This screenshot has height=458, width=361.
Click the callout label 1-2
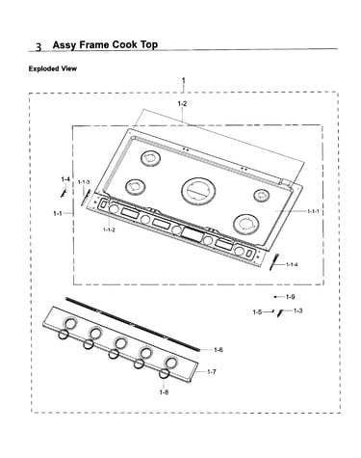click(182, 104)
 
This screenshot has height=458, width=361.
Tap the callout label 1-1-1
click(313, 211)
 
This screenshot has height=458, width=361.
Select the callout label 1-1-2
click(109, 229)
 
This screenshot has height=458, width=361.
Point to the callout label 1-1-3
click(84, 182)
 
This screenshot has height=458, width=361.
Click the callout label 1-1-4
click(292, 264)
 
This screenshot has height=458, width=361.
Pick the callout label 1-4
click(65, 179)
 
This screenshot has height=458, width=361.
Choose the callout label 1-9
click(290, 297)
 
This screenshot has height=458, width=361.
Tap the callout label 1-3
click(297, 310)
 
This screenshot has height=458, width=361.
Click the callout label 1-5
click(257, 311)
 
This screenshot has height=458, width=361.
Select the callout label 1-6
click(219, 350)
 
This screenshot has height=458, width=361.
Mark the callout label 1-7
click(212, 372)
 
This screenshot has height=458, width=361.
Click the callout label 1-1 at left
click(58, 213)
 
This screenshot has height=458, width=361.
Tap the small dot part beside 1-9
click(275, 297)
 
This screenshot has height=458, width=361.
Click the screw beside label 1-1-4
click(274, 262)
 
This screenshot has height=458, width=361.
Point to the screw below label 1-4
click(64, 193)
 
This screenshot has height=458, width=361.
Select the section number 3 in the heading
click(39, 47)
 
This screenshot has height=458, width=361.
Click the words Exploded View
click(53, 68)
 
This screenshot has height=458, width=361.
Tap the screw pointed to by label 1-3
click(280, 312)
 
